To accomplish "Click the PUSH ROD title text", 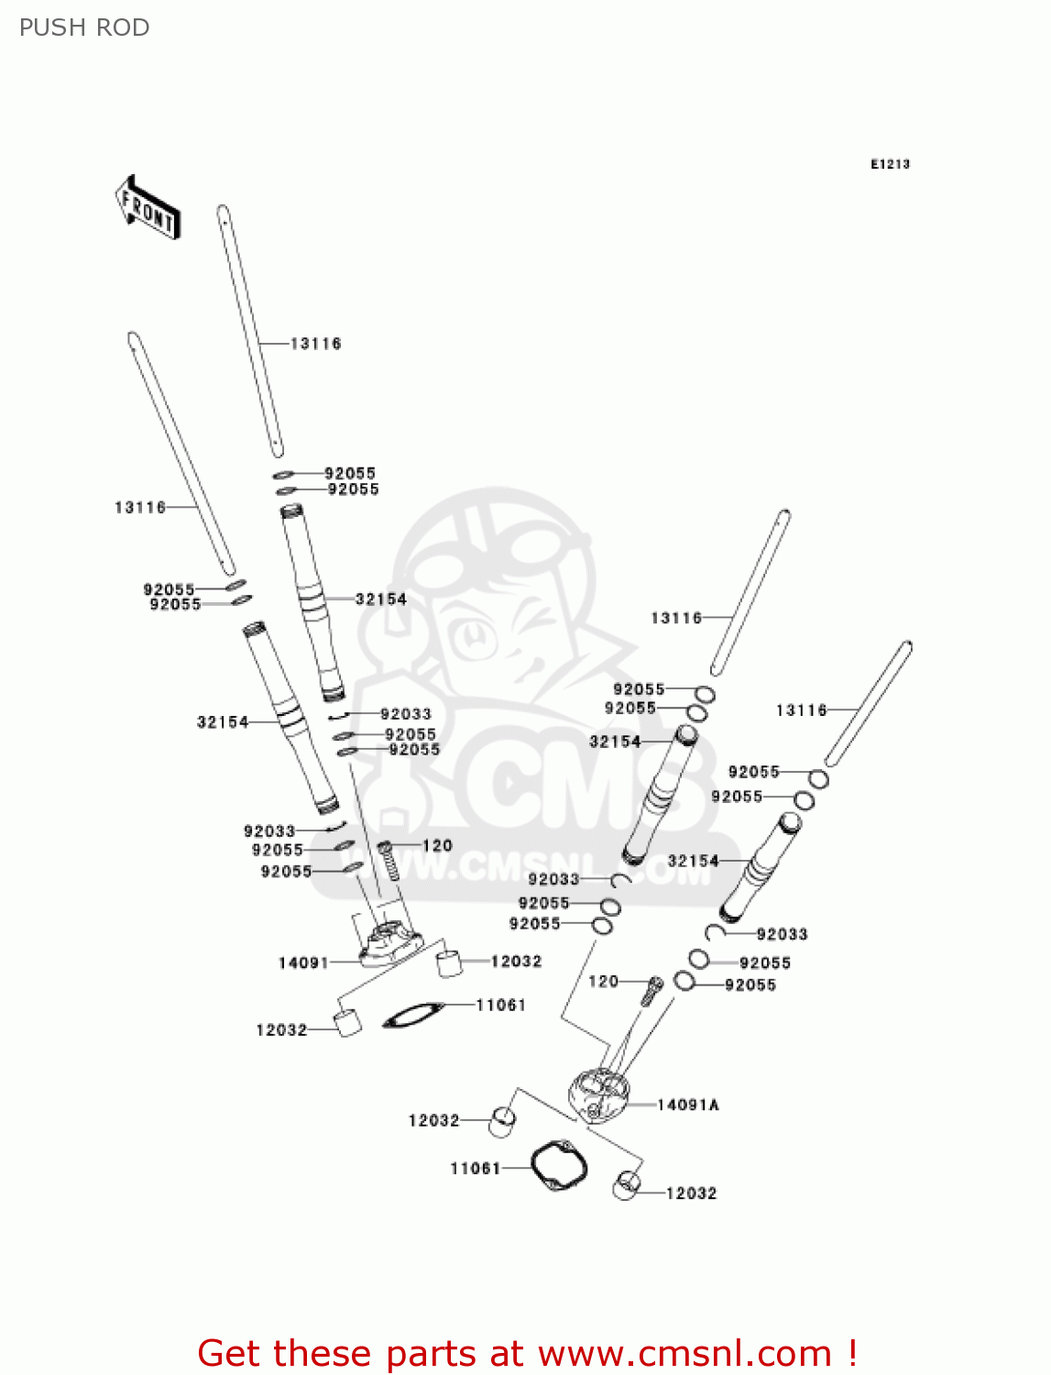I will [x=84, y=27].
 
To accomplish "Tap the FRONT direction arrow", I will [x=148, y=207].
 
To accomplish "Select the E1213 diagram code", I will [x=890, y=164].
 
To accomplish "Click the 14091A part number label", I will [x=687, y=1105].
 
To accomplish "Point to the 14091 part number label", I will [x=303, y=962].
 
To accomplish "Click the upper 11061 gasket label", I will [x=500, y=1005].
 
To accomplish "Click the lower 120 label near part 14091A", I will [x=603, y=982].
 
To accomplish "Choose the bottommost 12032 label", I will [x=691, y=1193].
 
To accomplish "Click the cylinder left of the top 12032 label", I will [x=449, y=963].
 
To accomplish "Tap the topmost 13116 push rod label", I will [x=315, y=344].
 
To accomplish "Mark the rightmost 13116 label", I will [x=801, y=710].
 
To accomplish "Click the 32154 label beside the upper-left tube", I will [x=380, y=599].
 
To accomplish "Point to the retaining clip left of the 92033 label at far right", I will [x=716, y=932].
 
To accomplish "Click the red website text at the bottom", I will [x=527, y=1353].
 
